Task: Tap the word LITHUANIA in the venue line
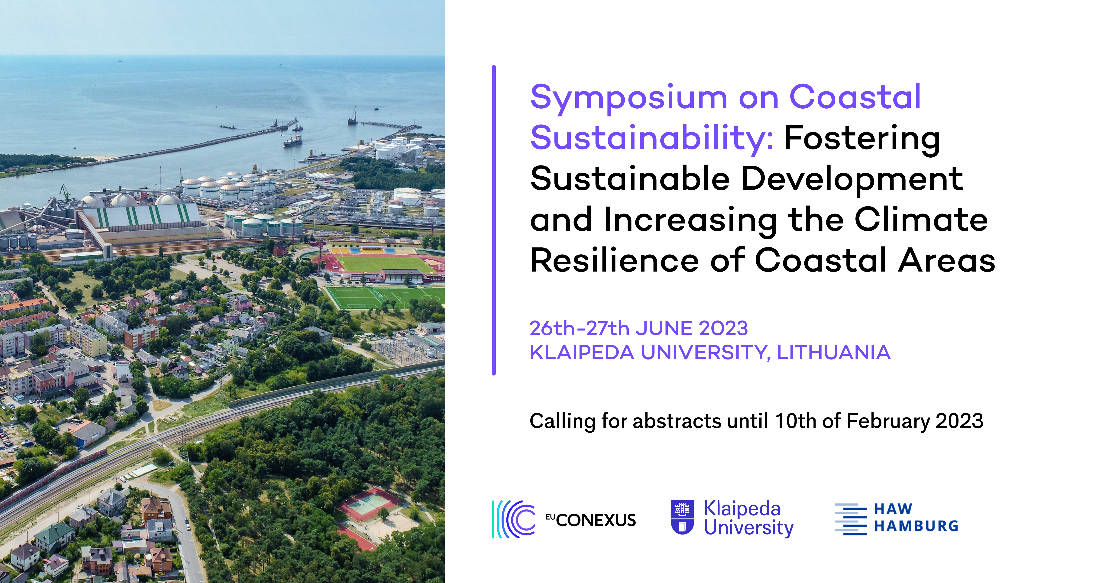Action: (x=834, y=353)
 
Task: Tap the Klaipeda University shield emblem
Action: (x=682, y=517)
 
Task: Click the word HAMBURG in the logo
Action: (x=916, y=526)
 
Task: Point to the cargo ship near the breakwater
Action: (x=293, y=141)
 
